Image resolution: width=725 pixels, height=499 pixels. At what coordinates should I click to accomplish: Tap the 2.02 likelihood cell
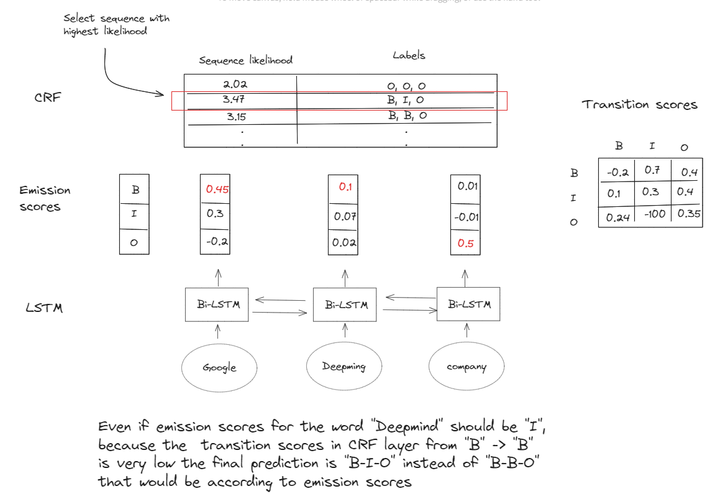[235, 83]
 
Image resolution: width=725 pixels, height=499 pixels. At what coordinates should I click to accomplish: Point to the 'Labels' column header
[409, 56]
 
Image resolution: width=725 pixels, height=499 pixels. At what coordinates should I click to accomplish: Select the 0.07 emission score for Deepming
[344, 216]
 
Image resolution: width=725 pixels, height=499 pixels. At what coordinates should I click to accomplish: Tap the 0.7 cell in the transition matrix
[651, 169]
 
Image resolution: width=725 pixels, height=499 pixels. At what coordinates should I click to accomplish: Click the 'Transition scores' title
[639, 105]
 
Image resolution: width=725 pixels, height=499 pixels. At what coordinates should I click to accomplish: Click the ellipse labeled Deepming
[344, 367]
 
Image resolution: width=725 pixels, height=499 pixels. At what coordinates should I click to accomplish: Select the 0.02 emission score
[344, 242]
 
